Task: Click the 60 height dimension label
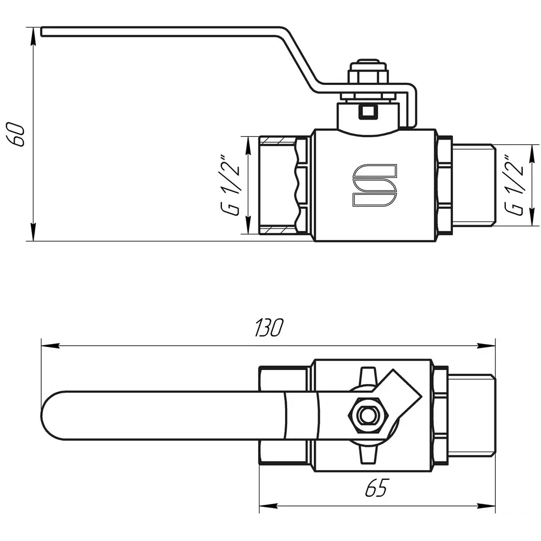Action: tap(16, 134)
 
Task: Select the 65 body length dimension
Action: tap(377, 487)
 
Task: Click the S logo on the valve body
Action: tap(375, 186)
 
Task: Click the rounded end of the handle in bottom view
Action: tap(52, 415)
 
